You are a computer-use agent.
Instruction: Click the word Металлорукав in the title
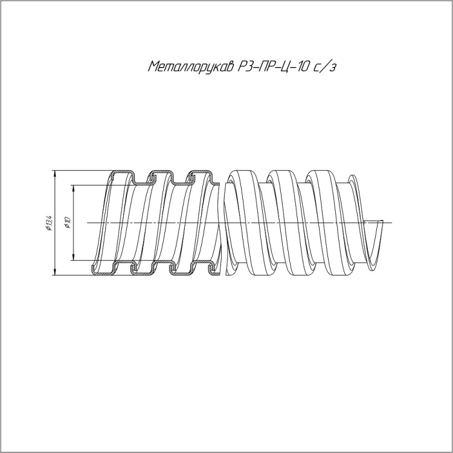point(191,67)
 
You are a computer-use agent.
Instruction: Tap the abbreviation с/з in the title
point(325,66)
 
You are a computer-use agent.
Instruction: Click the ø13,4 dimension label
point(48,223)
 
